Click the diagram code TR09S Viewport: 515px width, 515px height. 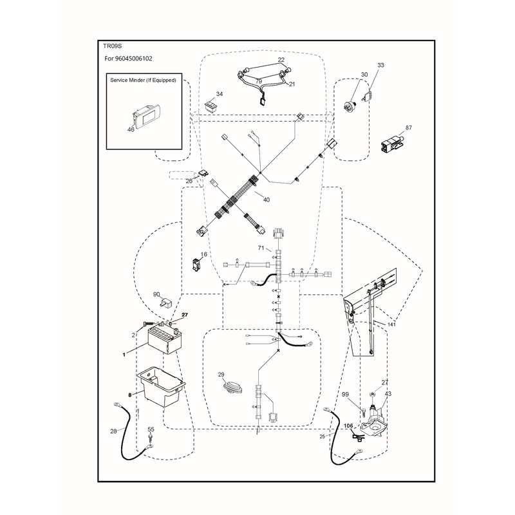point(112,46)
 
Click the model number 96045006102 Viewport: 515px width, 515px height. point(134,59)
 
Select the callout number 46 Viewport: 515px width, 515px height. point(131,130)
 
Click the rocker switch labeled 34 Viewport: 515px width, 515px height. point(211,106)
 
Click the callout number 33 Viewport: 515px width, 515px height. point(380,66)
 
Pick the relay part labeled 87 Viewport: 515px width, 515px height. point(391,144)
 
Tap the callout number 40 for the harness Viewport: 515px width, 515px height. point(267,200)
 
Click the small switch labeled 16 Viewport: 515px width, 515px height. point(196,265)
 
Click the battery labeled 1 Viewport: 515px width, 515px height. point(165,341)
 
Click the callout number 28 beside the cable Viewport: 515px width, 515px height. point(113,431)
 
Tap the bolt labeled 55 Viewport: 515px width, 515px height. point(151,438)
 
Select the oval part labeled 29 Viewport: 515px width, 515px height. point(232,387)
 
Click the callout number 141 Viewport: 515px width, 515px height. point(391,324)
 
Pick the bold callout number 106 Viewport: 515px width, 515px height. point(348,426)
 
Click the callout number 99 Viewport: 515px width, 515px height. point(345,395)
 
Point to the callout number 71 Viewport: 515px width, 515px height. point(261,248)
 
